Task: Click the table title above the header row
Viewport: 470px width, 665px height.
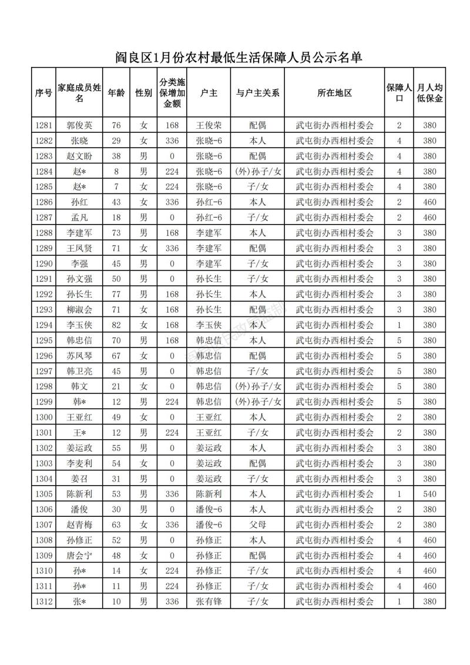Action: click(x=237, y=57)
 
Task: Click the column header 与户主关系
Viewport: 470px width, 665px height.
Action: click(x=257, y=93)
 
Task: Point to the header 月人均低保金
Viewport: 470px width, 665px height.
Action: click(x=429, y=93)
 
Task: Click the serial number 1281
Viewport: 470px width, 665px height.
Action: click(x=44, y=125)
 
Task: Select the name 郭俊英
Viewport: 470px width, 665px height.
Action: click(x=79, y=125)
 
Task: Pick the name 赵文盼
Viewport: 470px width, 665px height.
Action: click(x=79, y=156)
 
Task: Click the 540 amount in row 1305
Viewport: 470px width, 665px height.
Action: click(x=429, y=493)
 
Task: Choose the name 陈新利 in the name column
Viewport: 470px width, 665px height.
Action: click(x=79, y=493)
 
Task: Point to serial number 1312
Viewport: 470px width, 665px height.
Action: click(x=44, y=601)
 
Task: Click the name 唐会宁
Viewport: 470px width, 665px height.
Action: click(x=79, y=555)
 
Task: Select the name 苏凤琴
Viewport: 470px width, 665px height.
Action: click(x=79, y=356)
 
